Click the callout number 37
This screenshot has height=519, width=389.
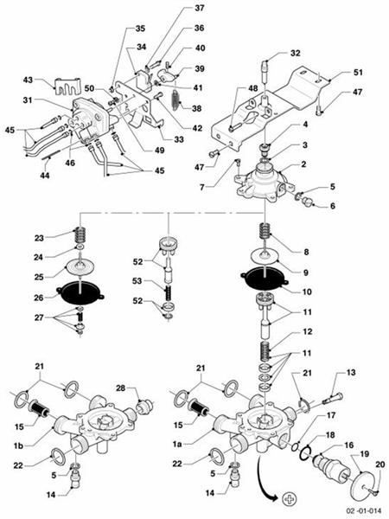(200, 8)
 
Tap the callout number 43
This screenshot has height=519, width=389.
(27, 80)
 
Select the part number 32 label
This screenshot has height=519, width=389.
(295, 53)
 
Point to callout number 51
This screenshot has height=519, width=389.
(357, 73)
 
